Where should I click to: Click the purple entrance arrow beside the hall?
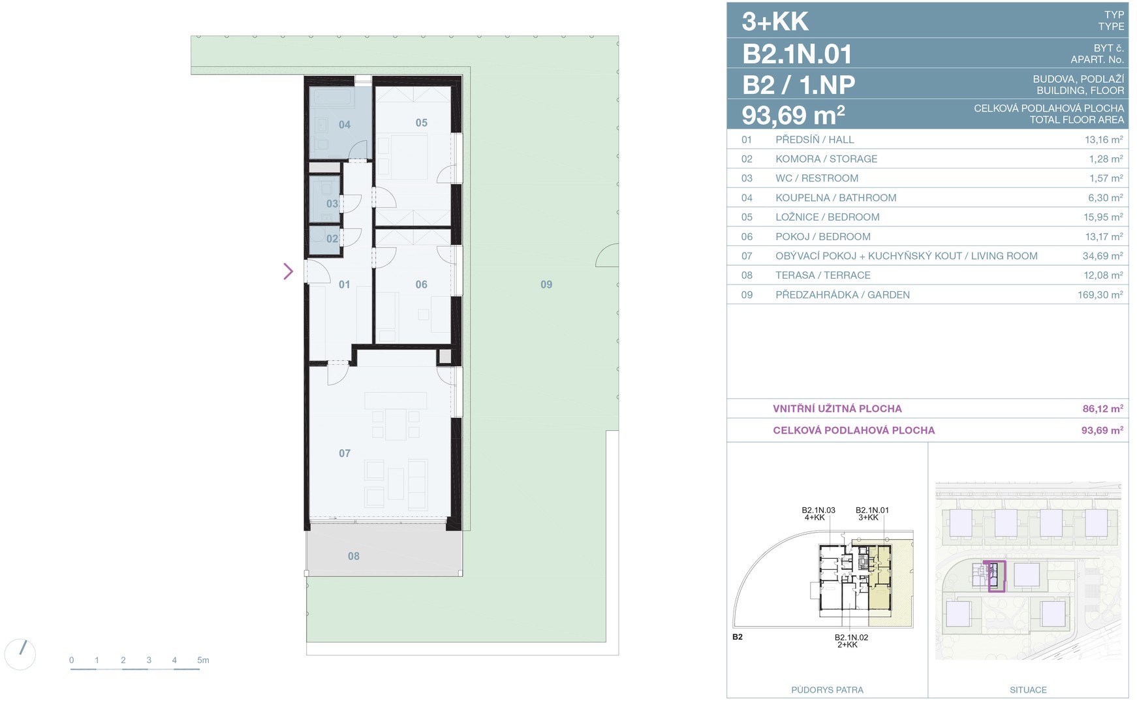pos(288,271)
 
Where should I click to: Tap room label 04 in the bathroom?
pos(345,125)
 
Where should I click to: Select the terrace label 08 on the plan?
pos(354,556)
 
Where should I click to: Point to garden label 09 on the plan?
pos(546,285)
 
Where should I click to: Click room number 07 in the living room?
pos(345,453)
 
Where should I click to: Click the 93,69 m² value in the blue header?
pos(793,116)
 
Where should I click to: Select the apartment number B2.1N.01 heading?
pos(797,54)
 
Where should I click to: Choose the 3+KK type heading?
pos(775,22)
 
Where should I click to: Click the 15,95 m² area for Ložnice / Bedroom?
pos(1103,217)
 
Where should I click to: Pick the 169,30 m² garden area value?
pos(1100,294)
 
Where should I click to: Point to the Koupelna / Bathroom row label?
pos(835,198)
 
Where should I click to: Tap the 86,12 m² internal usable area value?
pos(1102,409)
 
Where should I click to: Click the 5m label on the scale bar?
pos(203,660)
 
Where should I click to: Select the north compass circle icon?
pos(20,654)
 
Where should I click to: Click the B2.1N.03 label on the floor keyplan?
pos(818,510)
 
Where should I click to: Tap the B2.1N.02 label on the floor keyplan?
pos(851,637)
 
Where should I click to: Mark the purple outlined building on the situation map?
pos(997,576)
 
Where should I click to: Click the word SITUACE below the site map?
pos(1028,689)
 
